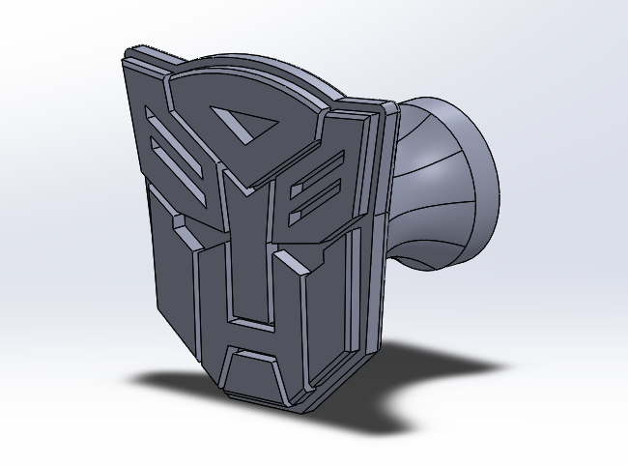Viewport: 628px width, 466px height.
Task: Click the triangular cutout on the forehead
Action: [x=242, y=125]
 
